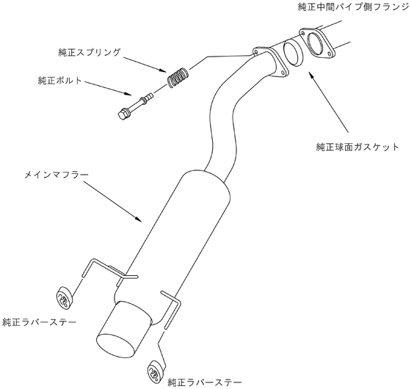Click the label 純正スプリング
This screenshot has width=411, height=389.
tap(90, 52)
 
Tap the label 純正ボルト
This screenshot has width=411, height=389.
tap(60, 80)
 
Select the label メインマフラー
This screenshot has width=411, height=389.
tap(57, 175)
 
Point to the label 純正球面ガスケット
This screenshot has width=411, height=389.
tap(357, 147)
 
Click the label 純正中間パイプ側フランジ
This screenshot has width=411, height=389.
tap(354, 7)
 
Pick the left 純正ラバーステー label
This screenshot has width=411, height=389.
tap(40, 321)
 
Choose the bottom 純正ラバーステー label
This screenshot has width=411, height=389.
tap(205, 382)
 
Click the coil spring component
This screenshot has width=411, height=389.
tap(178, 78)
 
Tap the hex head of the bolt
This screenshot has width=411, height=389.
tap(122, 114)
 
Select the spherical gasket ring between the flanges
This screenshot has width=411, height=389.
tap(293, 52)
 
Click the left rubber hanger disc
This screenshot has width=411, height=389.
tap(65, 298)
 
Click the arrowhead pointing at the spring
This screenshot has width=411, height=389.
tap(162, 70)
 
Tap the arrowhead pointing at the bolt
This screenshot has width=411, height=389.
tap(128, 94)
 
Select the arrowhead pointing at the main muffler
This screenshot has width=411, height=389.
tap(139, 219)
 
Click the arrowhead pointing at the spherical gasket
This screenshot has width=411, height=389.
tap(311, 76)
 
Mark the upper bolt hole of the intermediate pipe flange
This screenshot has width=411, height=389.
tap(303, 33)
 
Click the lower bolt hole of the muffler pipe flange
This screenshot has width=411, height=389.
tap(283, 71)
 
